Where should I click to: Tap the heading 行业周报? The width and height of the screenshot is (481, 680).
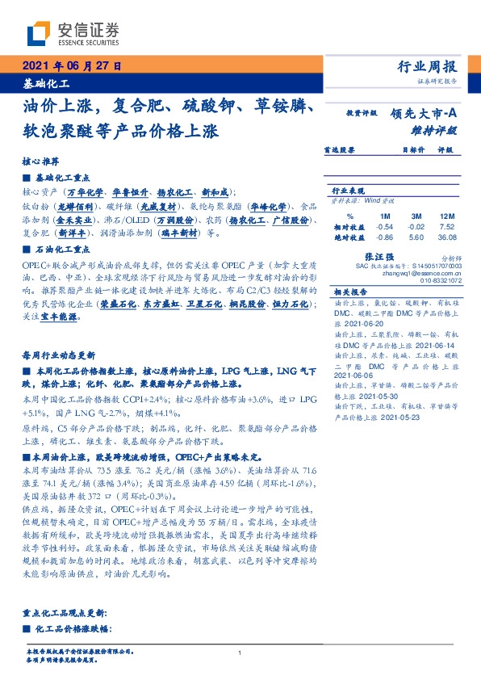(427, 67)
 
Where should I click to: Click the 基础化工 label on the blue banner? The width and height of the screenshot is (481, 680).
(47, 83)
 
